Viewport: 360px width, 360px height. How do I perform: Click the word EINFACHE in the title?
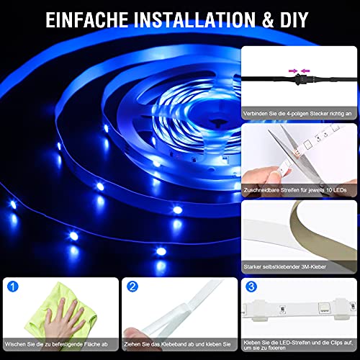point(87,19)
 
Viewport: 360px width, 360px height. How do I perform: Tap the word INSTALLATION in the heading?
point(194,19)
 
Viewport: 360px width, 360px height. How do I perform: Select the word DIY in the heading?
point(294,19)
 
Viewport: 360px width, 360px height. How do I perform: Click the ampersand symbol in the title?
point(268,19)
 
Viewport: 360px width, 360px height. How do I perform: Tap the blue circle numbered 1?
point(13,287)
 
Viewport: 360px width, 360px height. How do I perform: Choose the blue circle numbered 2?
point(132,287)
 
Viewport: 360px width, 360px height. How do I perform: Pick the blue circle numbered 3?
point(251,287)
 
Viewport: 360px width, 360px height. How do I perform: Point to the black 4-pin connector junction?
point(299,78)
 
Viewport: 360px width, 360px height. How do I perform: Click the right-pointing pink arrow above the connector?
point(293,71)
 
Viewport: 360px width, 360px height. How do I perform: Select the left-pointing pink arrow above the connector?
point(305,71)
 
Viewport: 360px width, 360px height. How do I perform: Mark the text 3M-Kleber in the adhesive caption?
point(314,266)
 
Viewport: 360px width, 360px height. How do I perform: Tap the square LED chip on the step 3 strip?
point(323,308)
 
